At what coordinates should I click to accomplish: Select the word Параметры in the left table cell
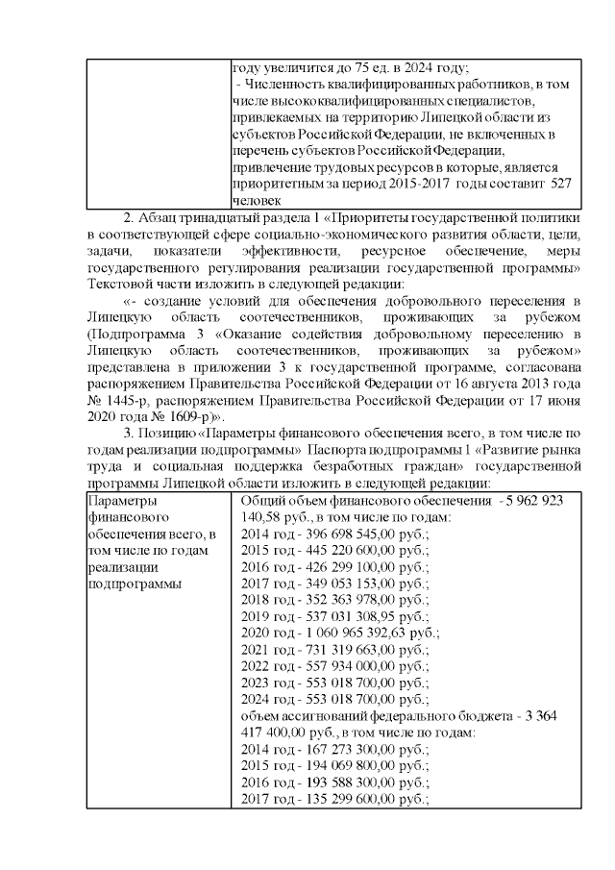[x=119, y=501]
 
